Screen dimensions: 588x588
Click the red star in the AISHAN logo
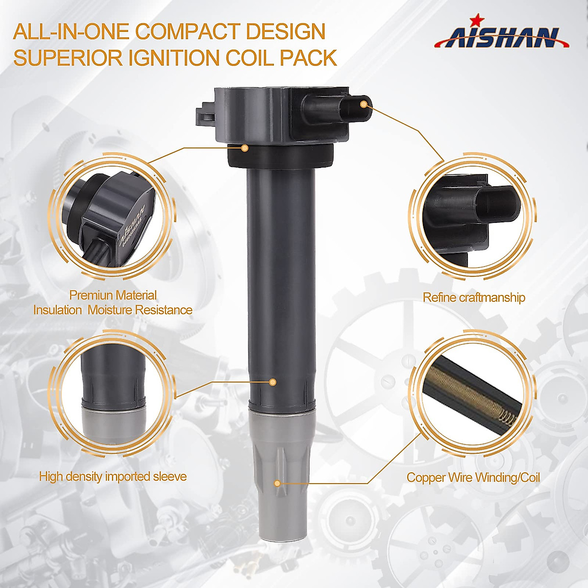point(474,21)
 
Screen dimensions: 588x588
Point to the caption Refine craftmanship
point(474,297)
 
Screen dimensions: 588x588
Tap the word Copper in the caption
point(425,477)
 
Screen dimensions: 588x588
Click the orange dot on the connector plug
point(363,104)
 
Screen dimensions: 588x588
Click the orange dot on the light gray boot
point(277,483)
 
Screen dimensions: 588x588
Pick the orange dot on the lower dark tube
point(273,381)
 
